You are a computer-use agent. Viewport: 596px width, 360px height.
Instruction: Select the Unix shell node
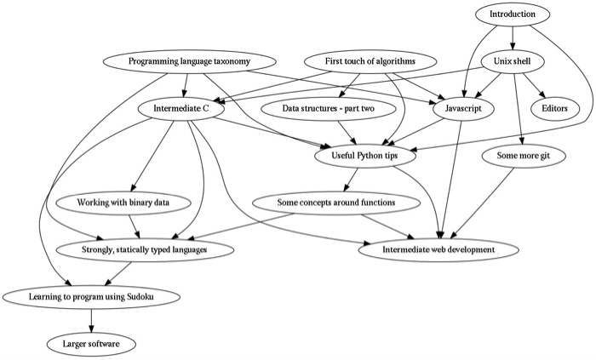click(x=513, y=62)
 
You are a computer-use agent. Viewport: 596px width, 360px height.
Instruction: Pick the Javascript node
click(x=458, y=109)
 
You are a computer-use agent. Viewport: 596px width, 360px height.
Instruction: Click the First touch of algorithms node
click(x=370, y=62)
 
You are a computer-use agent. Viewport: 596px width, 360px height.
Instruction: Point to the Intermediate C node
click(x=181, y=109)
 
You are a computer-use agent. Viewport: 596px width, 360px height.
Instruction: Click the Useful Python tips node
click(x=366, y=156)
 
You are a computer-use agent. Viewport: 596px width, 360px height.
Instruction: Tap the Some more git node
click(x=519, y=156)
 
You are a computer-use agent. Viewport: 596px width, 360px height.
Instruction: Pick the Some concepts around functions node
click(x=337, y=203)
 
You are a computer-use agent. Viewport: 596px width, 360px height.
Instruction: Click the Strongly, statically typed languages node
click(x=144, y=249)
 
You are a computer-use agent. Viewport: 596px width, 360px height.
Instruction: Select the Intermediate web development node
click(x=439, y=249)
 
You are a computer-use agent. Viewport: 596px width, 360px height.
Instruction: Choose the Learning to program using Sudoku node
click(x=93, y=296)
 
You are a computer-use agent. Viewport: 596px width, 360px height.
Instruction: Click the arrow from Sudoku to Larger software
click(x=92, y=319)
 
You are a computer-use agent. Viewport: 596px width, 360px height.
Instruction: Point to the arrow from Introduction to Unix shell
click(x=513, y=38)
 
